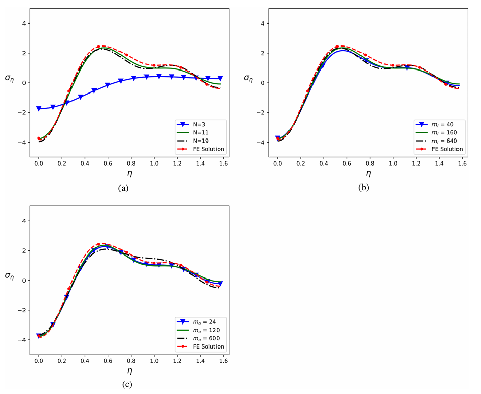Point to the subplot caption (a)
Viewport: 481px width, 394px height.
coord(123,188)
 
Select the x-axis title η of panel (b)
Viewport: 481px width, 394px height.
coord(368,174)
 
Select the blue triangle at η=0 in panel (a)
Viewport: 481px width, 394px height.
coord(39,109)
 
